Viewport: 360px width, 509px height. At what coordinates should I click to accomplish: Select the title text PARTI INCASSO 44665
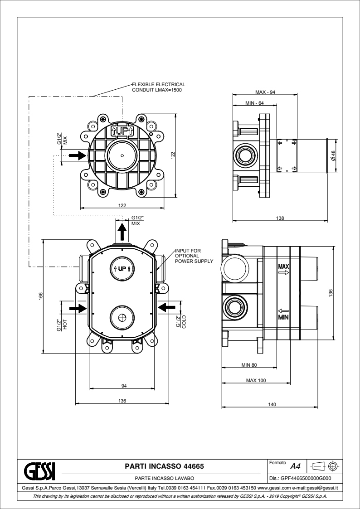(x=164, y=465)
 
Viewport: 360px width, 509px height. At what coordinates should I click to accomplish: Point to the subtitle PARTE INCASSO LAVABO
(x=164, y=478)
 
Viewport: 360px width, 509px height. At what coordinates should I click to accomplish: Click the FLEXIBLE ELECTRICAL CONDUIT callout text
(x=158, y=87)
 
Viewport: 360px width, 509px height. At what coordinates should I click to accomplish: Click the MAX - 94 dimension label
(x=266, y=92)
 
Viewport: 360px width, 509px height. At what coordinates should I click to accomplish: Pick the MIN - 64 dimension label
(x=255, y=103)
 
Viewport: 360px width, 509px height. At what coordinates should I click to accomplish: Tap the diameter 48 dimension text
(x=333, y=155)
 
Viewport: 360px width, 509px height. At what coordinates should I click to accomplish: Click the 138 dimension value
(x=280, y=218)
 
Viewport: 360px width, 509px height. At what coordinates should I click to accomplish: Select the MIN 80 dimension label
(x=249, y=364)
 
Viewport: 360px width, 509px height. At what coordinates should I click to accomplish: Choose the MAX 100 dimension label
(x=256, y=380)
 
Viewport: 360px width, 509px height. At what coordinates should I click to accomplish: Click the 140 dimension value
(x=272, y=405)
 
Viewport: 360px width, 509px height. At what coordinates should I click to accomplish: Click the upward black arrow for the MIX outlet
(x=122, y=232)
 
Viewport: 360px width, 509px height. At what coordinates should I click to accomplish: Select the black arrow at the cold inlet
(x=167, y=307)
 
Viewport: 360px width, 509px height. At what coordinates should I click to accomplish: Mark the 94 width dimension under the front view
(x=123, y=386)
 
